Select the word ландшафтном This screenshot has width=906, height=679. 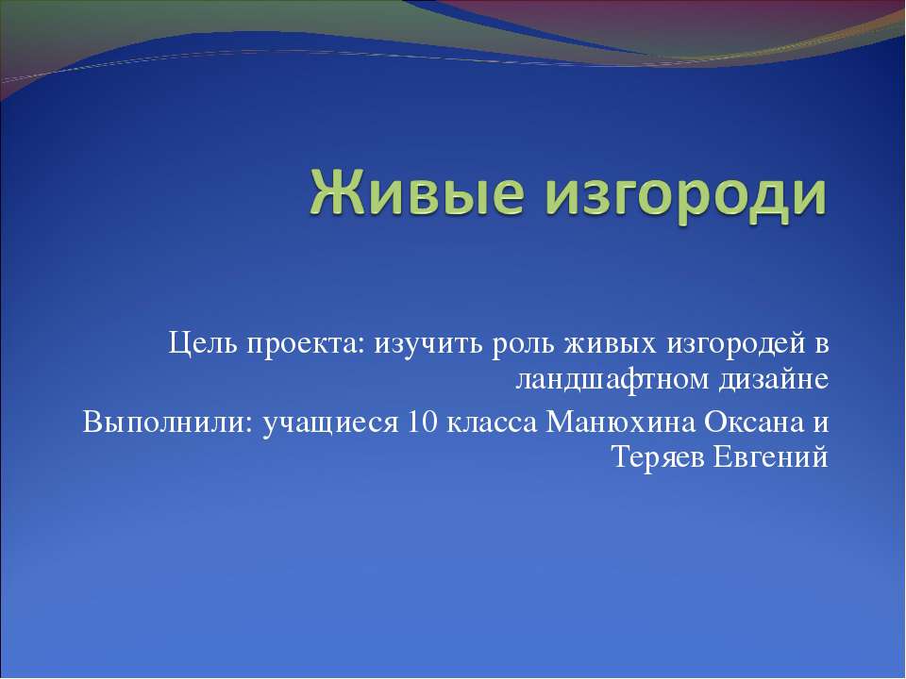click(x=607, y=380)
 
